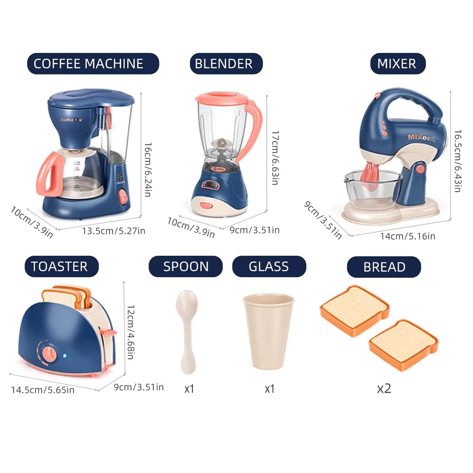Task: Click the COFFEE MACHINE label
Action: [x=93, y=64]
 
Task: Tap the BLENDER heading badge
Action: [x=226, y=64]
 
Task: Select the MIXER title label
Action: [x=397, y=64]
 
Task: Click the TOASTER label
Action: [x=61, y=267]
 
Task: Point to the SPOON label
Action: [x=186, y=267]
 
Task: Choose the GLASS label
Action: [x=269, y=267]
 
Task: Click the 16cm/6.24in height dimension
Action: [x=148, y=170]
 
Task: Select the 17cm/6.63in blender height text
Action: [x=275, y=158]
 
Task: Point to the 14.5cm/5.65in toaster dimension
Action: [x=43, y=390]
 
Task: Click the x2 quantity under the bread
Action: [x=384, y=389]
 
